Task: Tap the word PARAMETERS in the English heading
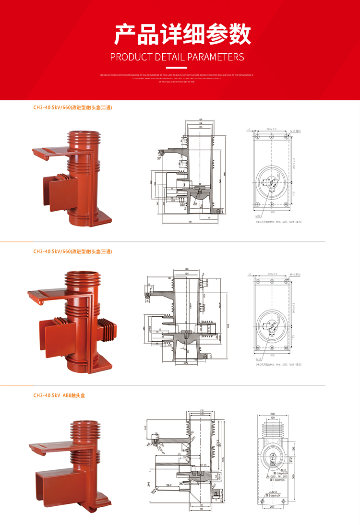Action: [x=216, y=57]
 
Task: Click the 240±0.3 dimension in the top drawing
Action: [x=272, y=130]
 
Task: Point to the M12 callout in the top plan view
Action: [x=258, y=216]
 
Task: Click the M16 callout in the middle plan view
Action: [x=258, y=358]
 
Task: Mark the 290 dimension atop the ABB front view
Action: [x=272, y=413]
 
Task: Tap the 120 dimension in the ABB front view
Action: [x=272, y=418]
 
